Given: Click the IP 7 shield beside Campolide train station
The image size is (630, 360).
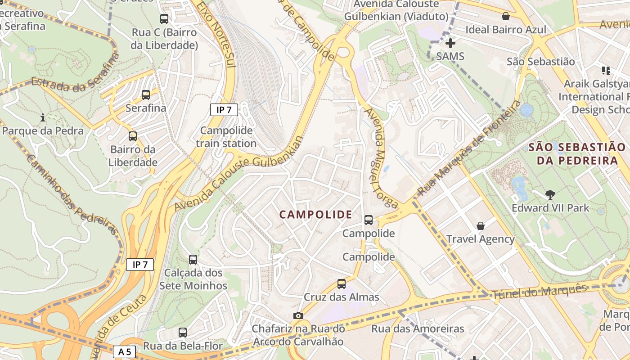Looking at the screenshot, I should [x=224, y=109].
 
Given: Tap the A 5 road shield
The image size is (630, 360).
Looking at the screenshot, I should [x=125, y=351].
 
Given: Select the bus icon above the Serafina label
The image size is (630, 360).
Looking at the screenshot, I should [x=146, y=95].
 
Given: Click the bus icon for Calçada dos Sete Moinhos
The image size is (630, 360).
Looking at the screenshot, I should [x=193, y=260].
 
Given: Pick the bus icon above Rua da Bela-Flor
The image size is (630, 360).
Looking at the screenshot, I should [x=183, y=333].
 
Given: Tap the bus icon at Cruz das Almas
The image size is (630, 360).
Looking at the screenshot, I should [x=342, y=284].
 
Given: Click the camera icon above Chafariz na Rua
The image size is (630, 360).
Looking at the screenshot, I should [x=298, y=315].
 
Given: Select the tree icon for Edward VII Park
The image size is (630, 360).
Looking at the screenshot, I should [x=550, y=195].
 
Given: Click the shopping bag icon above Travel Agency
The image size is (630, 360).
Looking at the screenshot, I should [x=481, y=226].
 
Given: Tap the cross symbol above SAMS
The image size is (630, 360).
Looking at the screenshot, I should [x=450, y=43].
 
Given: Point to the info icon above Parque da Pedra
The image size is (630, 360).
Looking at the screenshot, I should [x=43, y=118].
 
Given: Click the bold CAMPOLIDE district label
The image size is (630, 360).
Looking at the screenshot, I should [x=316, y=215].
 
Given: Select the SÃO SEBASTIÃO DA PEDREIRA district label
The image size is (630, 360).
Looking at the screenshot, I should [x=576, y=153].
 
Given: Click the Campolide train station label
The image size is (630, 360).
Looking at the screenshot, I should [x=226, y=137].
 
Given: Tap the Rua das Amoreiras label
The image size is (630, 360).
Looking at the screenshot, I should [x=417, y=329].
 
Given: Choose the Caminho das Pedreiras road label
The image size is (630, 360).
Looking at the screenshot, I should [x=73, y=195].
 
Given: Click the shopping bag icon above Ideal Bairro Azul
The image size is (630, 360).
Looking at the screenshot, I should [x=506, y=17].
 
